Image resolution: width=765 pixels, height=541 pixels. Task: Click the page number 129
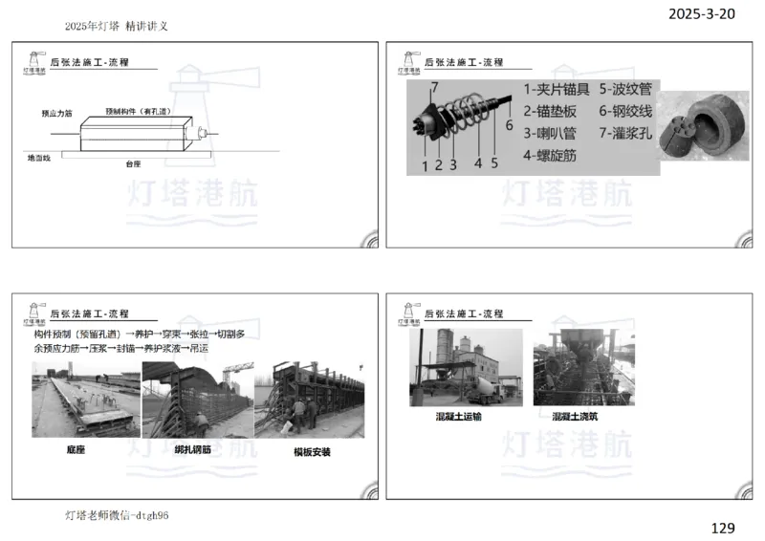(x=723, y=527)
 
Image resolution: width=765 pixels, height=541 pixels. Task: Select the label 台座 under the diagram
(x=133, y=164)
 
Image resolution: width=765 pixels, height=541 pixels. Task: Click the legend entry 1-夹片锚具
(x=556, y=89)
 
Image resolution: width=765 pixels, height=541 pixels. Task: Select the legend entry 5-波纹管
(x=627, y=89)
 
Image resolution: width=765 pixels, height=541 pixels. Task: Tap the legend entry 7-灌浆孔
(x=627, y=133)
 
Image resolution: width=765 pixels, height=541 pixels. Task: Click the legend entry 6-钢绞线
(x=627, y=111)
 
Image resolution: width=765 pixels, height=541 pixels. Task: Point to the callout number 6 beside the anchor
(x=509, y=125)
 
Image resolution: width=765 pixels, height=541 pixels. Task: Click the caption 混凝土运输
(x=459, y=417)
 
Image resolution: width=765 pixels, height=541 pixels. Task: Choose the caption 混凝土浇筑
(x=577, y=417)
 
